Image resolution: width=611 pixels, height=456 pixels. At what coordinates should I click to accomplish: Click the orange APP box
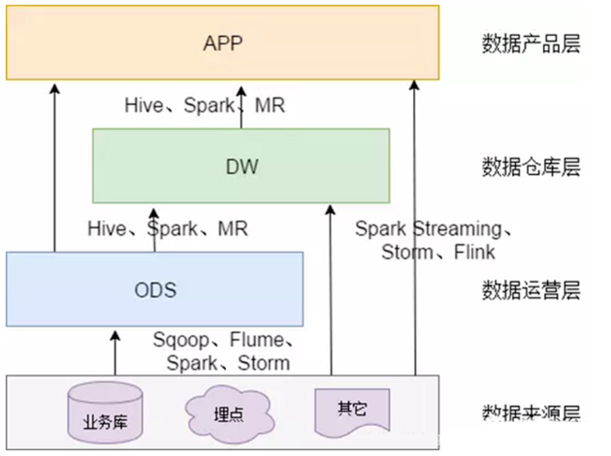coord(223,43)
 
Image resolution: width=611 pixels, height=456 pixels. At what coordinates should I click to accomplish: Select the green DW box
coord(241,166)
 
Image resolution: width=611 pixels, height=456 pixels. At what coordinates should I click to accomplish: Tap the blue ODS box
coord(155,290)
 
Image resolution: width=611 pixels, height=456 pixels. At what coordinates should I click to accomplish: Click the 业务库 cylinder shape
coord(105,413)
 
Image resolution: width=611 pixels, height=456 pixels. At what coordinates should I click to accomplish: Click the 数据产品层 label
coord(531,44)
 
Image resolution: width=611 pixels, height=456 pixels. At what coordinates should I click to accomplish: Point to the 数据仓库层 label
coord(531,166)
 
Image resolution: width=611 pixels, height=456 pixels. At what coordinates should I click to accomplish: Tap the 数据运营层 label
coord(531,290)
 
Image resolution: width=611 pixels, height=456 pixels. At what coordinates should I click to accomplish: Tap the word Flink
coord(475,252)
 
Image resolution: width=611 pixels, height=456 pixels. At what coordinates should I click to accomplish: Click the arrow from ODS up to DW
coord(155,231)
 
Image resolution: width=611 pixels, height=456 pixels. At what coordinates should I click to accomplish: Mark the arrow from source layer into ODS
coord(115,353)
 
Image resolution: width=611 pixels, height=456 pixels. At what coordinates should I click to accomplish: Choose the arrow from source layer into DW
coord(331,292)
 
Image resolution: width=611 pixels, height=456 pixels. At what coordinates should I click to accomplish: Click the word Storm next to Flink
coord(407,252)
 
